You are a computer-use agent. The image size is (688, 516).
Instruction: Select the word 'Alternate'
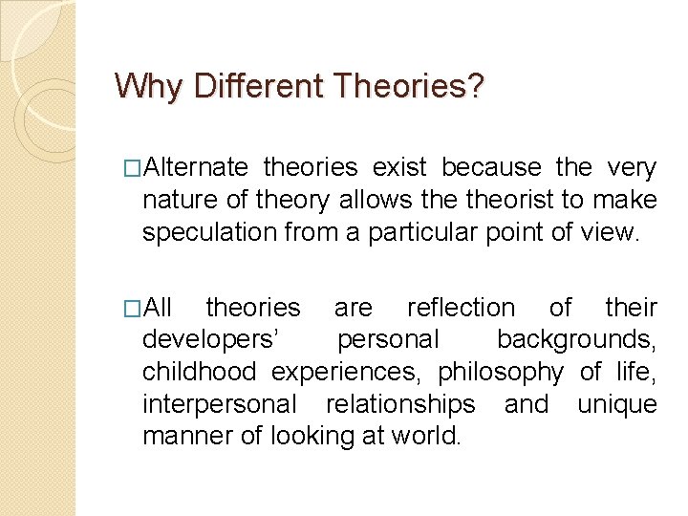coord(196,168)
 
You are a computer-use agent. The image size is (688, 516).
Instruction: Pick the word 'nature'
coord(173,200)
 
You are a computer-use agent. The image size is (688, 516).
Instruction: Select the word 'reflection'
coord(461,308)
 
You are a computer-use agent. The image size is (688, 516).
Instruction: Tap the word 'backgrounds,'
coord(576,340)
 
